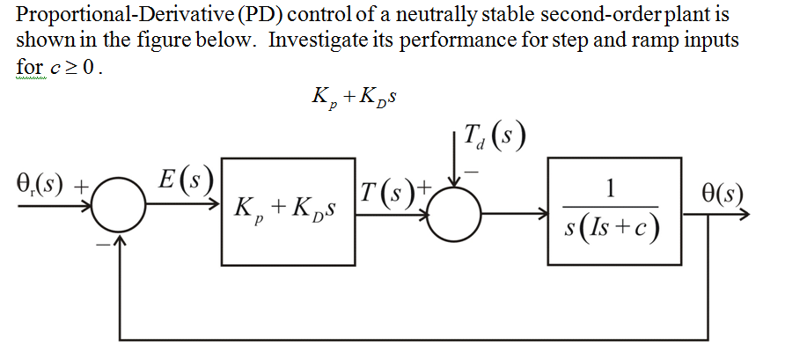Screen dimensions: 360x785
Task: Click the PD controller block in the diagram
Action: click(287, 211)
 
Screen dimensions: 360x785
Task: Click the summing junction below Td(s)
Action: click(454, 212)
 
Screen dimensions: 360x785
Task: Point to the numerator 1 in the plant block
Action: click(613, 189)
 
